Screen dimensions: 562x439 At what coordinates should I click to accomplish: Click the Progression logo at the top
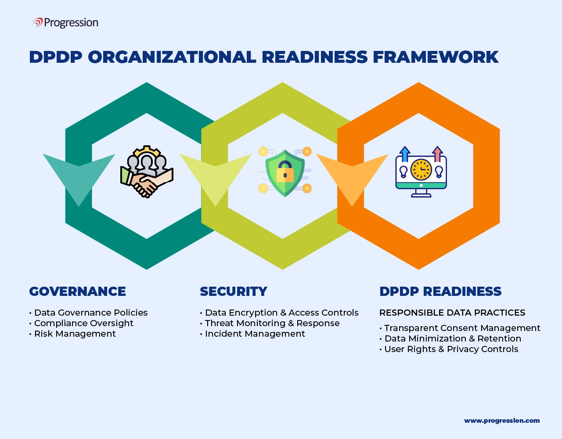[65, 22]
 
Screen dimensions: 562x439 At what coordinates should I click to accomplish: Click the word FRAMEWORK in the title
[436, 57]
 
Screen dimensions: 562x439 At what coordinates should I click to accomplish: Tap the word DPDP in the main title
[56, 57]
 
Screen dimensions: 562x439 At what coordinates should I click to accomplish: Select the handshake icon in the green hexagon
[147, 172]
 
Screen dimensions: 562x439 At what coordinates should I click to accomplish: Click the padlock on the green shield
[285, 172]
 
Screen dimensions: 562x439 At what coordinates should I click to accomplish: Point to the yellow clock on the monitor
[421, 169]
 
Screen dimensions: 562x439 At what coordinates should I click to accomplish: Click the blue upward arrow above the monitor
[405, 154]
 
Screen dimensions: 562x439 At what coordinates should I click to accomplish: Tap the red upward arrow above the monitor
[437, 154]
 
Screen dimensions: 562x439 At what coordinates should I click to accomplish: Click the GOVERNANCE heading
[78, 291]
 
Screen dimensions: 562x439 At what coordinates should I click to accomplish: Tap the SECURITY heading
[234, 291]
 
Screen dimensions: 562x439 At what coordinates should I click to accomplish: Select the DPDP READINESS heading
[440, 291]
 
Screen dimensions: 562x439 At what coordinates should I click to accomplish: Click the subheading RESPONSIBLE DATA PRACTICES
[452, 313]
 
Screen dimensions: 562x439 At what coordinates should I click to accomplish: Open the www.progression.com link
[502, 421]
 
